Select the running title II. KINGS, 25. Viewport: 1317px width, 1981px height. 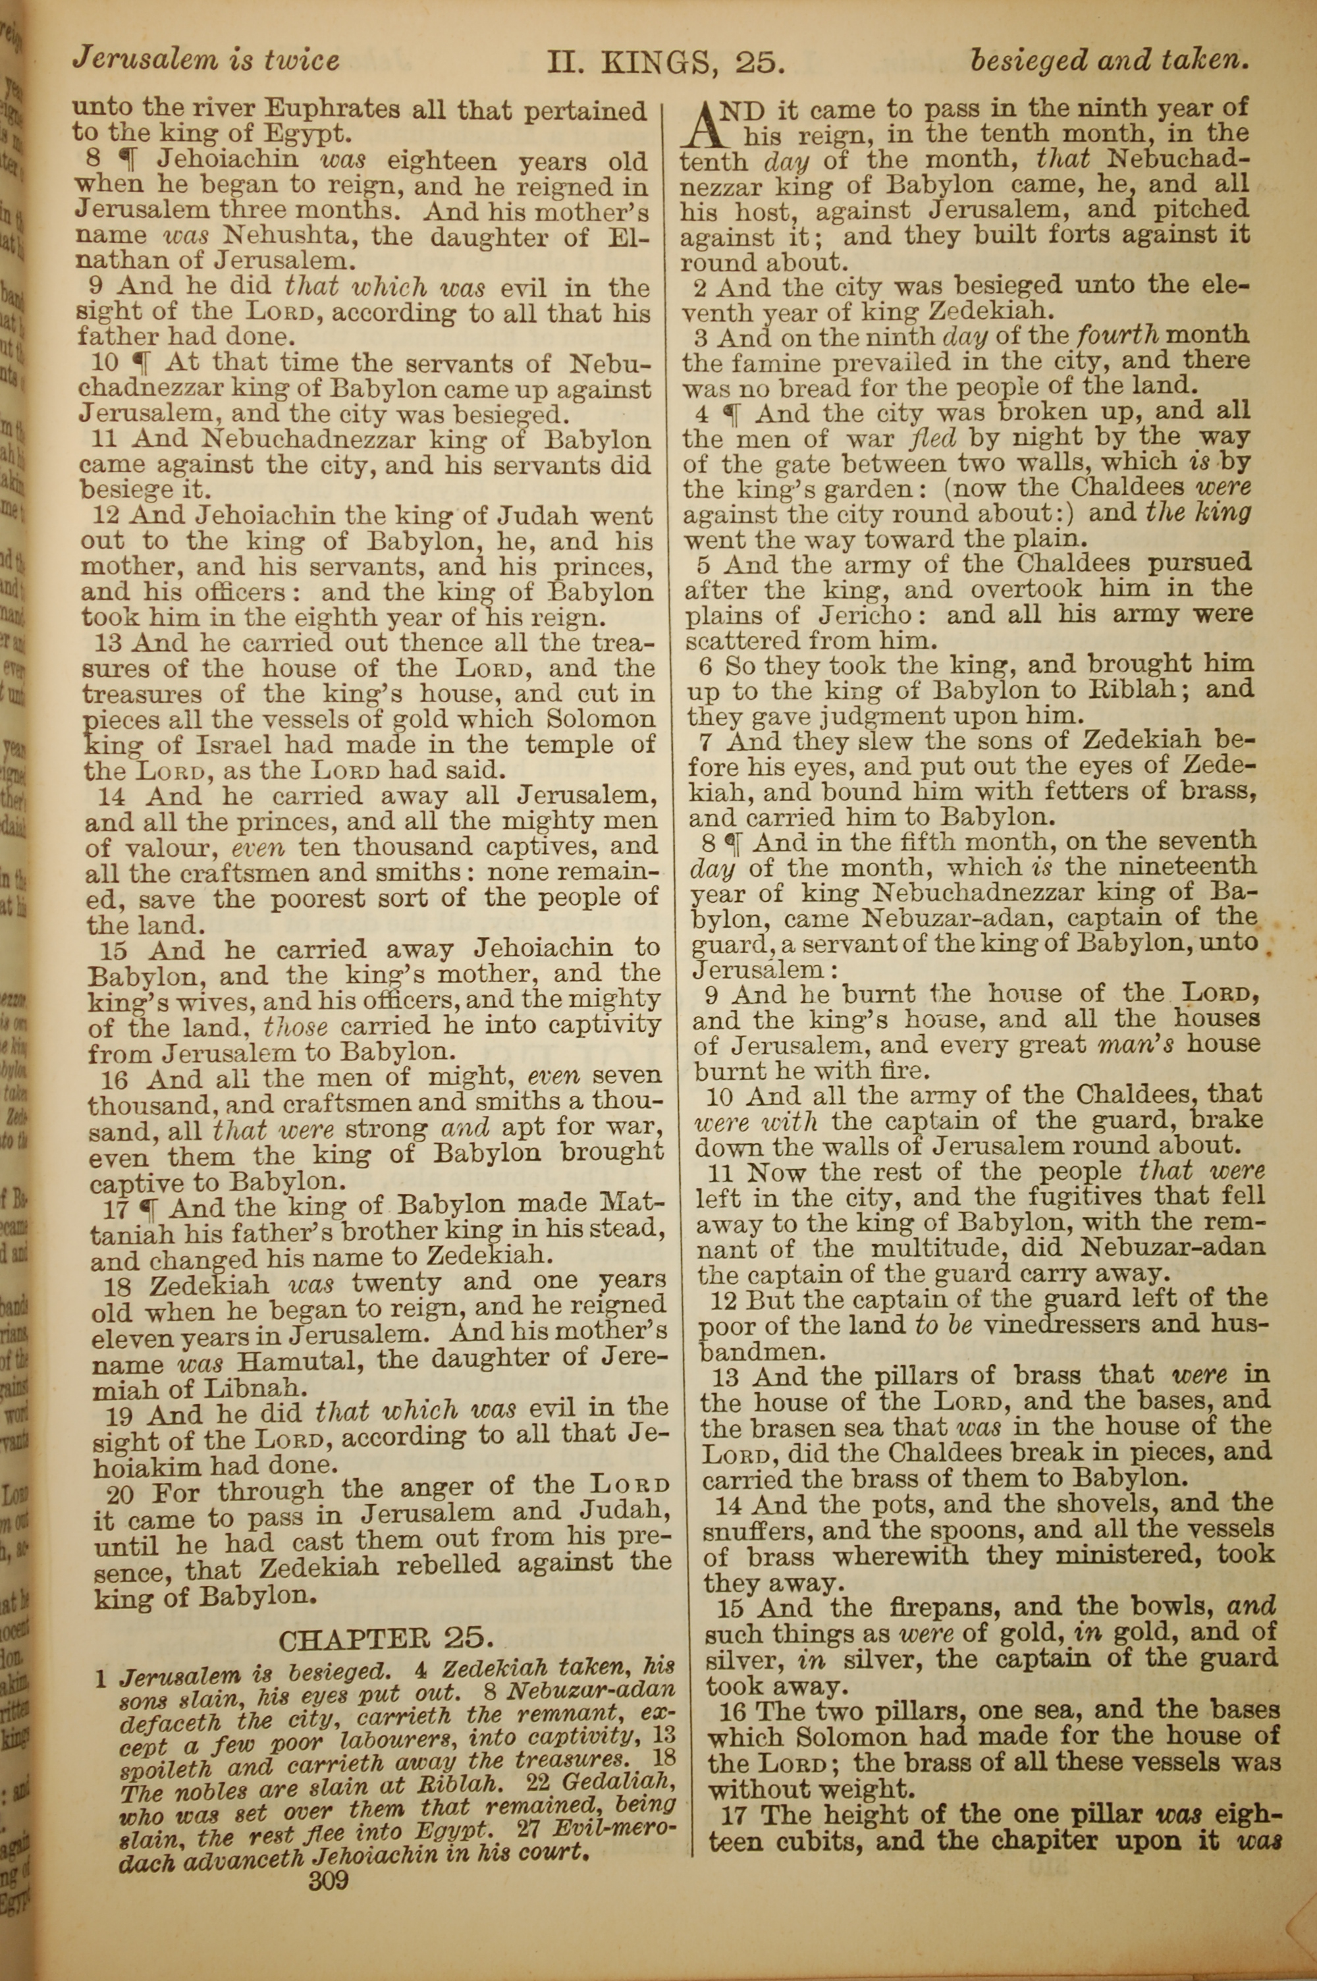point(665,61)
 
